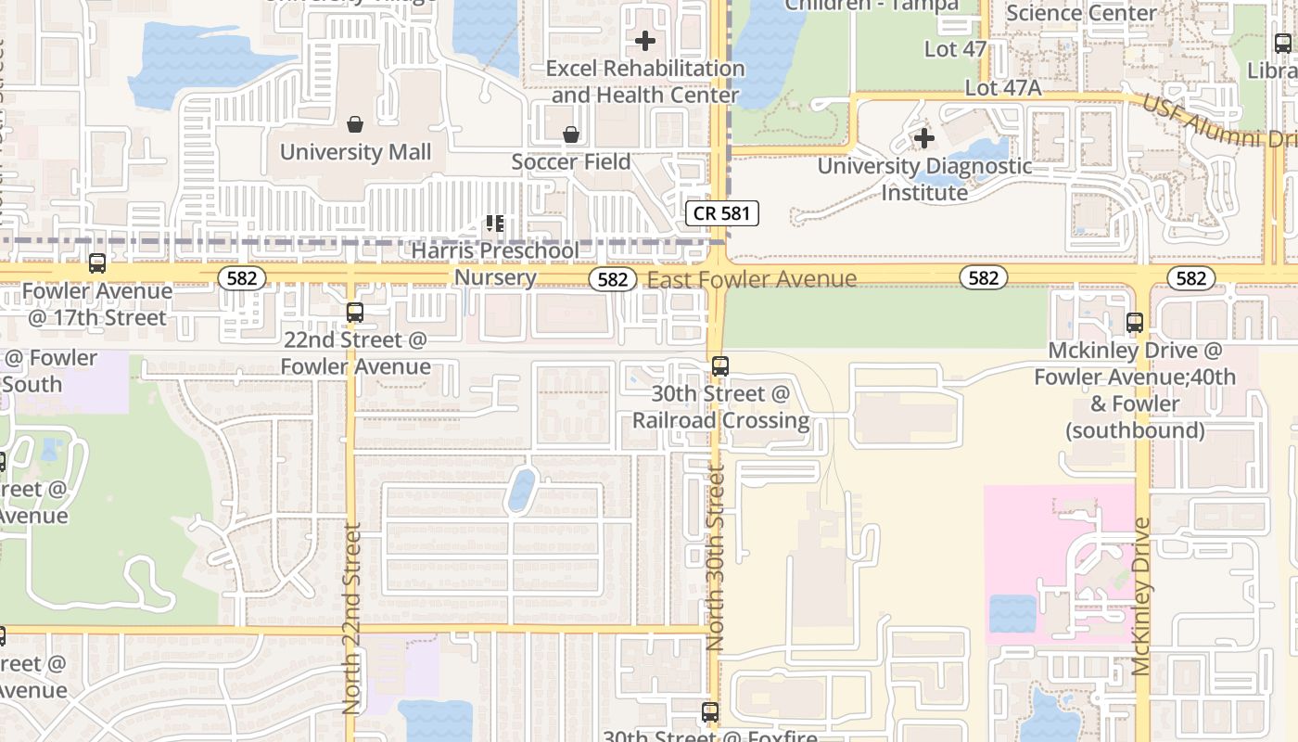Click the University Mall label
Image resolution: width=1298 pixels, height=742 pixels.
[355, 152]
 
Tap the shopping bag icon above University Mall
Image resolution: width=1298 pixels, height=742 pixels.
[354, 124]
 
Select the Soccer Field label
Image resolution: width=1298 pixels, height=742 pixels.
[571, 162]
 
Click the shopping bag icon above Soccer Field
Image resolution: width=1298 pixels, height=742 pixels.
[571, 135]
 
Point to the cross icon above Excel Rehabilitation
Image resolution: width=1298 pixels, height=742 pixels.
[645, 41]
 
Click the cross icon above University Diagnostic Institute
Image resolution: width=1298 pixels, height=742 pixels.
[923, 139]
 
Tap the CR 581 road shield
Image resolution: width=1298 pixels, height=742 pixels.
[722, 213]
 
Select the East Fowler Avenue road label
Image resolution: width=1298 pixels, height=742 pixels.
[752, 279]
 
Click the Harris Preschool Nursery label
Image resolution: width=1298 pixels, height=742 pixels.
[495, 263]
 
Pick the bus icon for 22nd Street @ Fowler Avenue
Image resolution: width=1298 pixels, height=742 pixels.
[354, 313]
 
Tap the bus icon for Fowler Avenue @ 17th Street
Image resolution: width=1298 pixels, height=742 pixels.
[97, 263]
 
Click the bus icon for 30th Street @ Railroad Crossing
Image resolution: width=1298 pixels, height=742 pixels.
[720, 366]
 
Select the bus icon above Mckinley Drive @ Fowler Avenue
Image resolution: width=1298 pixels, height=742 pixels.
[1135, 323]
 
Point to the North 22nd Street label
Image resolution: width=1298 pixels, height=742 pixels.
[351, 618]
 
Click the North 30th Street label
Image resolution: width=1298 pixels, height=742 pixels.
[715, 559]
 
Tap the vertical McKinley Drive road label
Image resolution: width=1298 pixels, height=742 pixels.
[1141, 595]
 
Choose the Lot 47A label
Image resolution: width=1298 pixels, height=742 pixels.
[1003, 88]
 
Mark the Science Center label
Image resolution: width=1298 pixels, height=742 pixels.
[1081, 13]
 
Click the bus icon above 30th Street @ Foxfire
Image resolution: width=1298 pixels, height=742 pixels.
[710, 712]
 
